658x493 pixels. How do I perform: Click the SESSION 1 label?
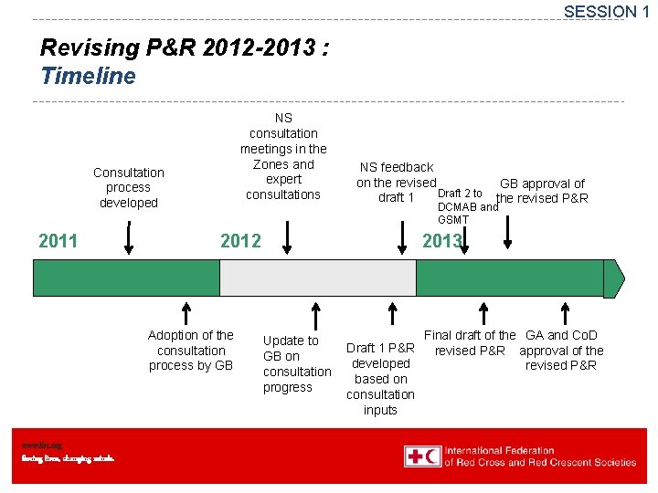click(606, 12)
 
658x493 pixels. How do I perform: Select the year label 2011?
click(58, 241)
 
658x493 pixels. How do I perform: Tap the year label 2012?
click(240, 241)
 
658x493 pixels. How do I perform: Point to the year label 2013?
click(441, 241)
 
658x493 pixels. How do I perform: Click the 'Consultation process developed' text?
click(129, 187)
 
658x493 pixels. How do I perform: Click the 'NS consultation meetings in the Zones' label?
click(283, 156)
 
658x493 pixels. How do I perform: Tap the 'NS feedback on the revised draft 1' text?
click(396, 183)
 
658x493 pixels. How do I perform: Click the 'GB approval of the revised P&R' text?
click(542, 191)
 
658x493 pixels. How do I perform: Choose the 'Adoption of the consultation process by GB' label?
click(191, 351)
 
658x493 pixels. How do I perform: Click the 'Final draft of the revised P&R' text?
click(470, 343)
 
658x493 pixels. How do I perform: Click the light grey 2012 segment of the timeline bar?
click(318, 278)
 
